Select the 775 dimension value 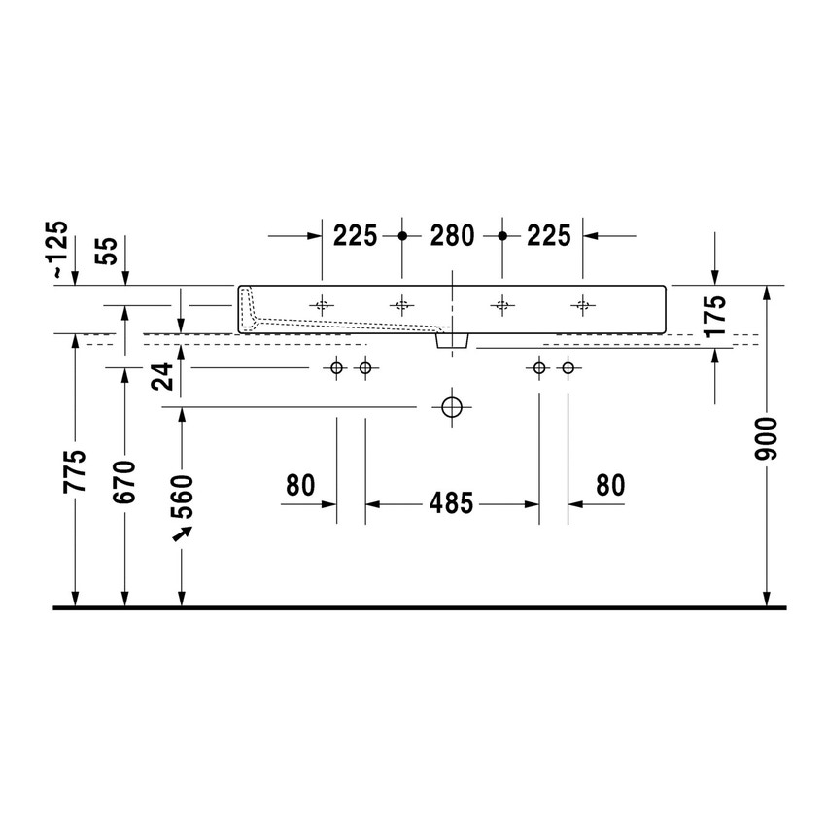point(76,470)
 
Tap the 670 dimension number point(124,482)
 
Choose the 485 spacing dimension point(452,504)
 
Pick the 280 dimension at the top point(452,235)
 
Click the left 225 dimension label point(355,235)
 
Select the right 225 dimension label point(549,235)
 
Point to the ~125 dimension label point(60,251)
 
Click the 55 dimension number point(110,252)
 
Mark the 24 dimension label point(164,375)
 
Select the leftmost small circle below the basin point(336,367)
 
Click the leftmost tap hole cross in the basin point(322,305)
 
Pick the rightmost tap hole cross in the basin point(582,305)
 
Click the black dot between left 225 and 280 point(402,235)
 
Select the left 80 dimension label point(301,485)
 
